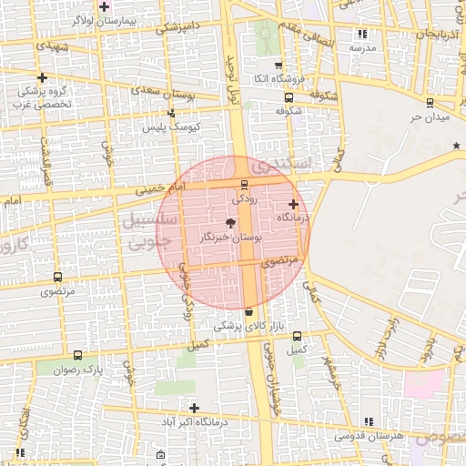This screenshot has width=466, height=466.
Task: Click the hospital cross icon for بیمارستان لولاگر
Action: pyautogui.click(x=105, y=5)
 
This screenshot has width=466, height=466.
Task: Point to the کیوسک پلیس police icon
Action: pyautogui.click(x=171, y=114)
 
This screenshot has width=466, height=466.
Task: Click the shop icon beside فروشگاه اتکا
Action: pyautogui.click(x=278, y=66)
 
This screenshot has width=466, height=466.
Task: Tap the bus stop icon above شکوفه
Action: pyautogui.click(x=289, y=97)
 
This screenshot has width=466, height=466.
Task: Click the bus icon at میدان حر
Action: pyautogui.click(x=430, y=103)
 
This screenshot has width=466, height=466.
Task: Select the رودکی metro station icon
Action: pyautogui.click(x=244, y=185)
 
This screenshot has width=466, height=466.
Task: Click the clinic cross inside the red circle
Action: pyautogui.click(x=292, y=204)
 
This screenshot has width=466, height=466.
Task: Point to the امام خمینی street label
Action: pyautogui.click(x=159, y=188)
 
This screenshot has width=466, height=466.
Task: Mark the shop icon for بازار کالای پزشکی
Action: pyautogui.click(x=249, y=312)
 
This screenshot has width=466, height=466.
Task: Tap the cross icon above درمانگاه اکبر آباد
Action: pyautogui.click(x=194, y=407)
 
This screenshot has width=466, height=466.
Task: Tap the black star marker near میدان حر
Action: pyautogui.click(x=457, y=146)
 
